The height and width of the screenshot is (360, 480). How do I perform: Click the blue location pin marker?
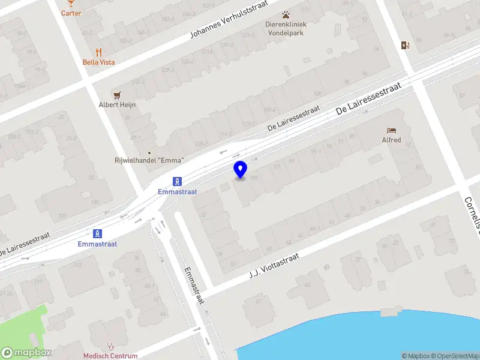[241, 169]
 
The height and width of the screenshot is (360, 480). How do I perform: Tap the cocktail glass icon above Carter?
[71, 3]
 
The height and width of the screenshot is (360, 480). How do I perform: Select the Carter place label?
[71, 13]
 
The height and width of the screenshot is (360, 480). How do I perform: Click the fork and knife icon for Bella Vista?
[99, 52]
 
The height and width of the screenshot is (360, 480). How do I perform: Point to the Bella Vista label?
[99, 62]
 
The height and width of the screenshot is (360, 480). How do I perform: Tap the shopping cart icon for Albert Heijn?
[117, 95]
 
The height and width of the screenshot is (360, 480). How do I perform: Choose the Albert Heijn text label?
[117, 104]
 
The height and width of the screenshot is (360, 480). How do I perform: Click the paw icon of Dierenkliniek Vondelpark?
[286, 14]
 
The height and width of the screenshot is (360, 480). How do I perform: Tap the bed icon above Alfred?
[391, 130]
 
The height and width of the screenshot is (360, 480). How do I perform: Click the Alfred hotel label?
[391, 140]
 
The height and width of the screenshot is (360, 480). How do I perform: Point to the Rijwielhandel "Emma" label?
[149, 160]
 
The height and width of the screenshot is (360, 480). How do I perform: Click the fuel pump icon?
[406, 45]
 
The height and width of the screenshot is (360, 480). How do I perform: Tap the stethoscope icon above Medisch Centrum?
[110, 346]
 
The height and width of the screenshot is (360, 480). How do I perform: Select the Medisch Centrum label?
[110, 356]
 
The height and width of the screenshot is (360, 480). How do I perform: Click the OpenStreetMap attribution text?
[457, 356]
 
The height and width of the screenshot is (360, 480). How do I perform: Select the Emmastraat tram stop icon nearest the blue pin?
[178, 181]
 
